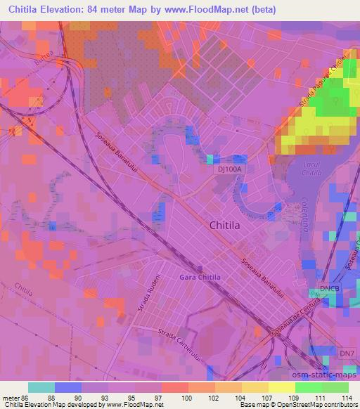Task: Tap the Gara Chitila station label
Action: (200, 277)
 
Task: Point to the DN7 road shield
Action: (347, 353)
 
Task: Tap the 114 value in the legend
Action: (347, 398)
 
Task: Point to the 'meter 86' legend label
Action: (15, 398)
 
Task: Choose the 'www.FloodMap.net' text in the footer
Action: (139, 405)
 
